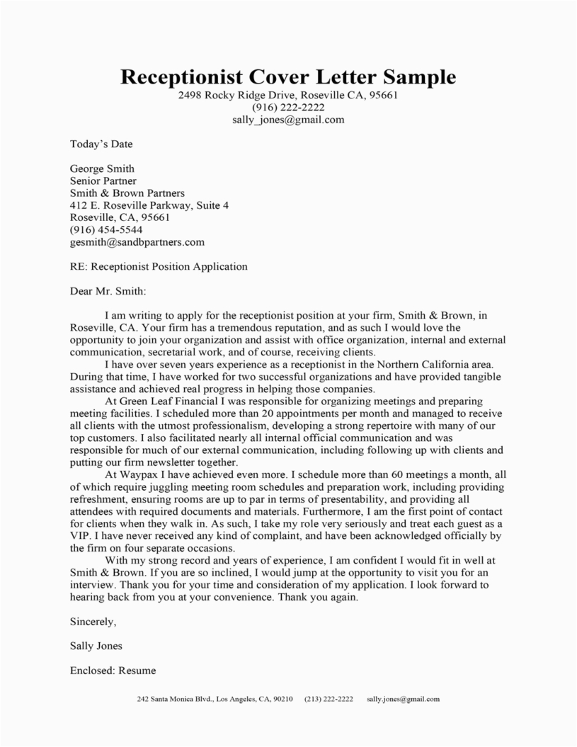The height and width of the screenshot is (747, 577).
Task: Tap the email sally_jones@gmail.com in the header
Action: [x=288, y=120]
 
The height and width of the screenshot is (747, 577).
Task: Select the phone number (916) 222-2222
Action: [x=288, y=108]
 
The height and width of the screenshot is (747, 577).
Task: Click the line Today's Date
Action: [x=101, y=144]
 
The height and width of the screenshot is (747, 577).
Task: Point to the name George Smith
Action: [x=102, y=169]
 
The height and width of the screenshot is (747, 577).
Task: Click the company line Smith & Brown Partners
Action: [x=127, y=193]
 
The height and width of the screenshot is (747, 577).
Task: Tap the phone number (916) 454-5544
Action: [x=106, y=229]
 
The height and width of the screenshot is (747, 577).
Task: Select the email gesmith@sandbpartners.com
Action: [x=137, y=241]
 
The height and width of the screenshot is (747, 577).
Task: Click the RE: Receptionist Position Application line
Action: [x=159, y=266]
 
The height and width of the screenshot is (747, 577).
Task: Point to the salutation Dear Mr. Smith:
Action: [x=108, y=290]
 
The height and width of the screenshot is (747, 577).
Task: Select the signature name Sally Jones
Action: [x=96, y=646]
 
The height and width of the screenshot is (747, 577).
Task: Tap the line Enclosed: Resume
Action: [x=113, y=670]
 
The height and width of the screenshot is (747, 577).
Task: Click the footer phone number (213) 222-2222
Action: [x=329, y=699]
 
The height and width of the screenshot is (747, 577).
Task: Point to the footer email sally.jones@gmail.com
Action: [x=404, y=699]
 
